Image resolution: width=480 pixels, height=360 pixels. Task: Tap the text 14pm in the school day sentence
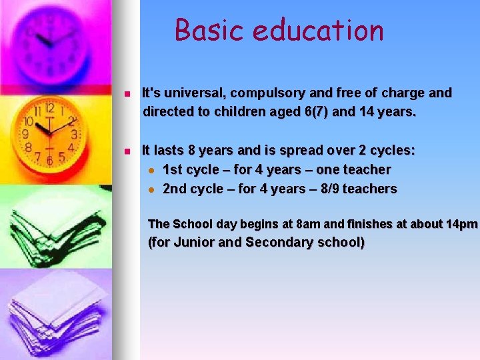(462, 223)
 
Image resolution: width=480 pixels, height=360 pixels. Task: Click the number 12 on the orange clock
(49, 108)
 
